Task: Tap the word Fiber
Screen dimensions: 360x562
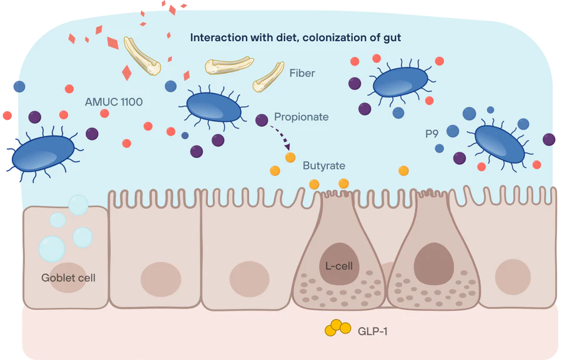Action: click(x=302, y=73)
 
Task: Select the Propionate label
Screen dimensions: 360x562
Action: click(x=301, y=117)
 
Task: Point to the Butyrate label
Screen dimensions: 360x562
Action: click(x=323, y=166)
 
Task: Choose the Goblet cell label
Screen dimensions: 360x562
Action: click(x=68, y=278)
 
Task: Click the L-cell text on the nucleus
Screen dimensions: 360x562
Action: click(x=339, y=266)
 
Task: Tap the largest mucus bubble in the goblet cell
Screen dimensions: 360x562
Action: click(x=51, y=249)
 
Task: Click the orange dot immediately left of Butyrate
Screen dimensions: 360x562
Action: click(x=290, y=157)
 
